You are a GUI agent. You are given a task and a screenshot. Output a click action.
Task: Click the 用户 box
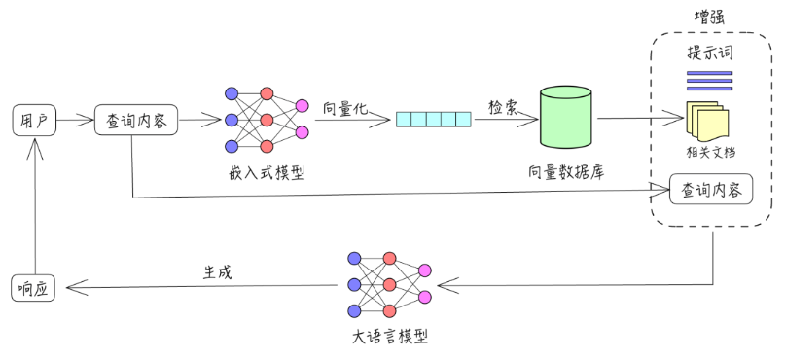33,121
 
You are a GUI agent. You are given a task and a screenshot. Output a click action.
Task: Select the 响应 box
33,288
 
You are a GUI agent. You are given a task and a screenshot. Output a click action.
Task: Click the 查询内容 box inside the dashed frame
711,190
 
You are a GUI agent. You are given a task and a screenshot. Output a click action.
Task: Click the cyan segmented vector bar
432,120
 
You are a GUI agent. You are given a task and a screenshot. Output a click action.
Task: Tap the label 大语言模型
388,338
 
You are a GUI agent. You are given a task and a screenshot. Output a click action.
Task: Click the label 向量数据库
567,172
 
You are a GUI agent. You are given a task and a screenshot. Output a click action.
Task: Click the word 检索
504,105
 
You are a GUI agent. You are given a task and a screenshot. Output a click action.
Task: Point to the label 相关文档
709,151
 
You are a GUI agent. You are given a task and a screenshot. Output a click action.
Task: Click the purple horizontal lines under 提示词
710,80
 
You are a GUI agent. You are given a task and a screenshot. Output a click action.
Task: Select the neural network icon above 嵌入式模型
266,120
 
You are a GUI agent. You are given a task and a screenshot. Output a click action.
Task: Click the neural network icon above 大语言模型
389,284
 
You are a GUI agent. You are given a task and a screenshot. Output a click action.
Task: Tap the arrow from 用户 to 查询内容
74,121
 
